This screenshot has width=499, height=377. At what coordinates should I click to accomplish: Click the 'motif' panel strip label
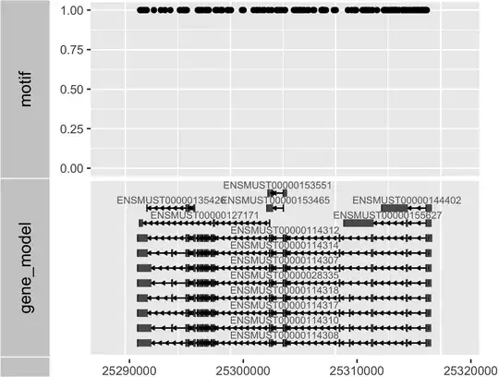point(26,89)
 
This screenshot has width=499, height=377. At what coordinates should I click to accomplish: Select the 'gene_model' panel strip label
point(26,268)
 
